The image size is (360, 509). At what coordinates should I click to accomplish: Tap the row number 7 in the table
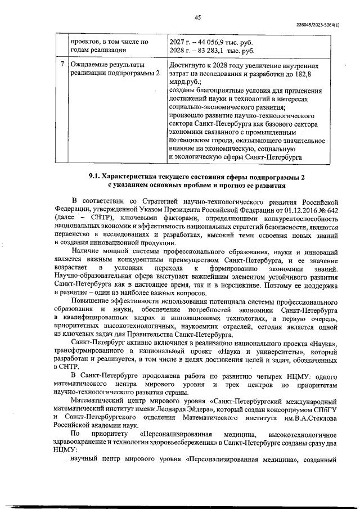[62, 65]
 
